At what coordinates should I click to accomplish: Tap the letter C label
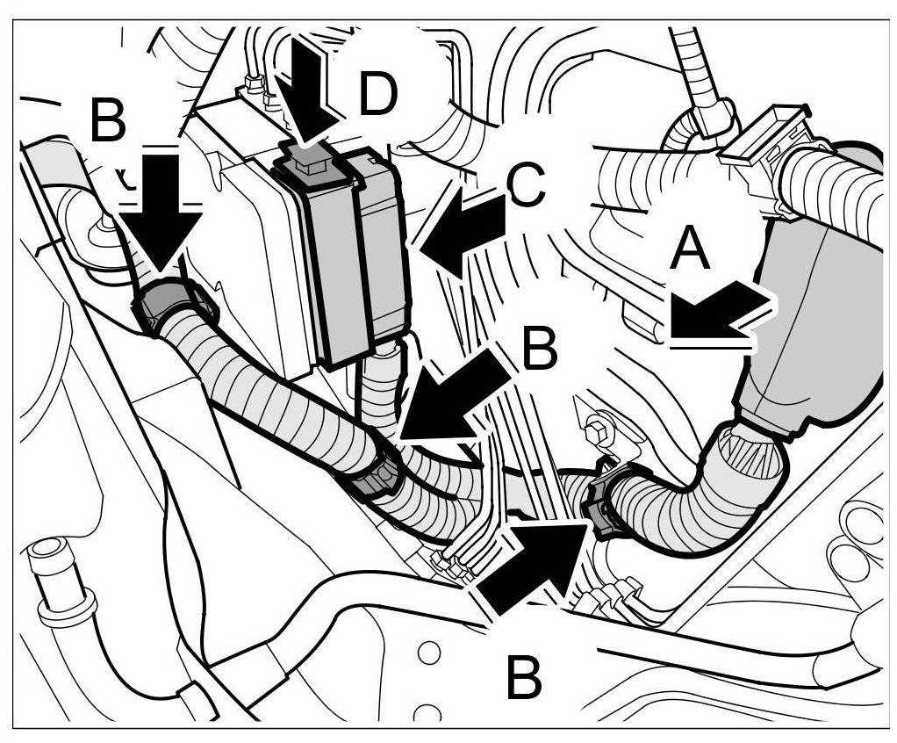click(528, 187)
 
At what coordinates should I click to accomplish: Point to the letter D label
click(378, 95)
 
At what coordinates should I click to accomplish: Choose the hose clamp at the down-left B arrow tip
click(377, 479)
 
